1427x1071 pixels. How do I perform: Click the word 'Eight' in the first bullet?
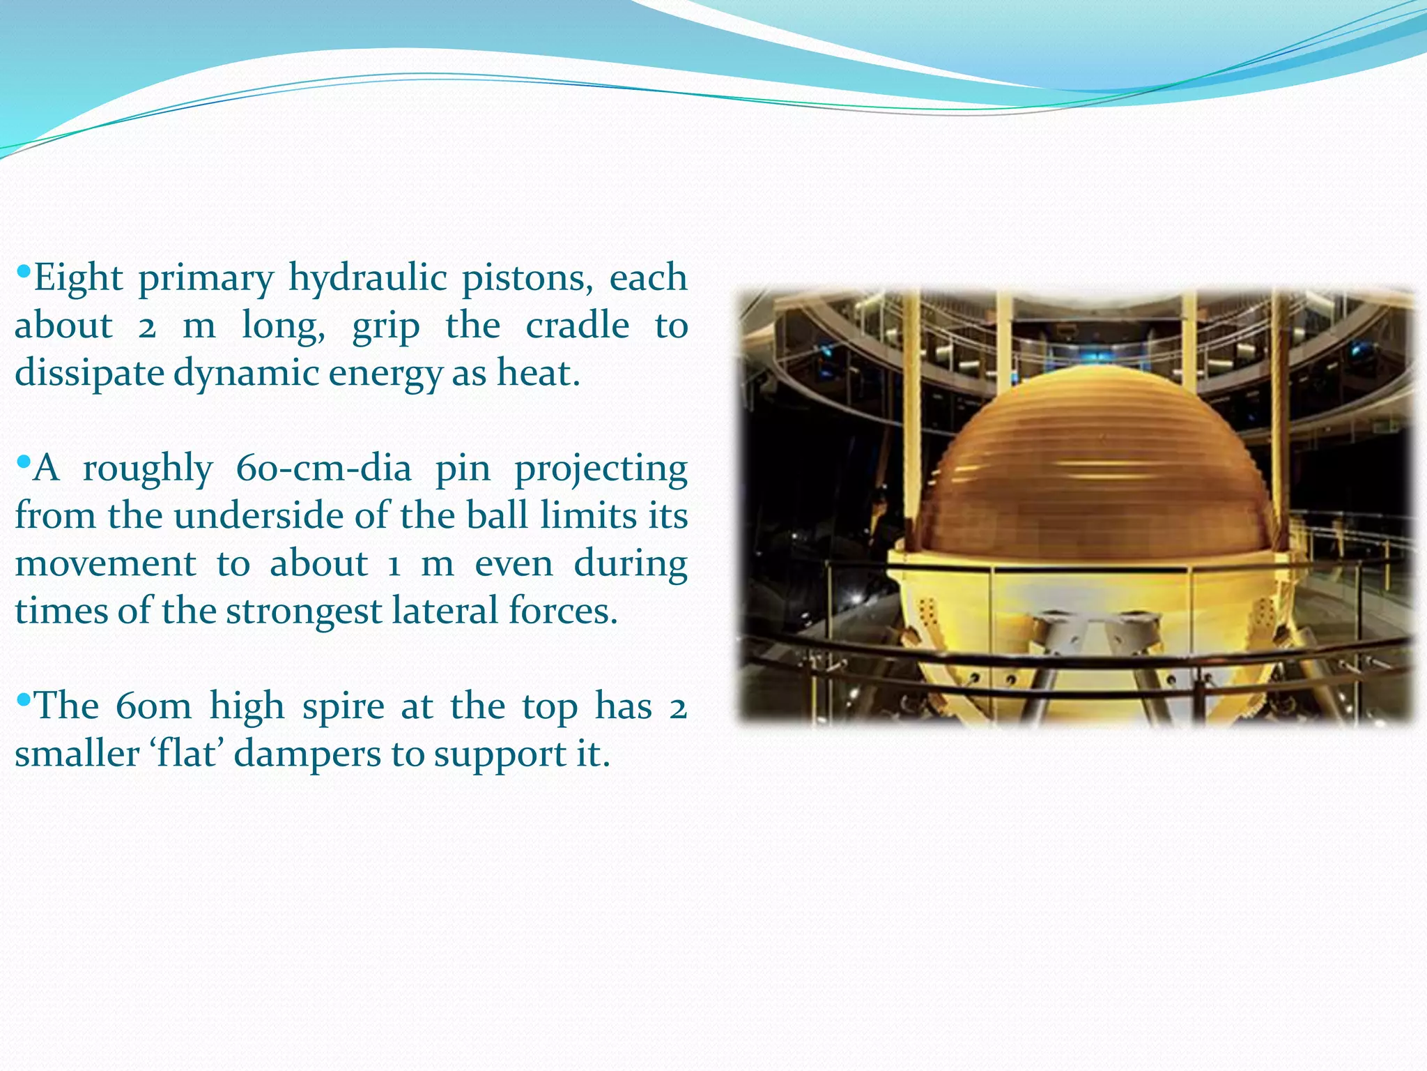tap(78, 278)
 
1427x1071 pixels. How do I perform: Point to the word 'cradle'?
tap(577, 326)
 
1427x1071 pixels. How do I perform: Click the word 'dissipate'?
tap(88, 374)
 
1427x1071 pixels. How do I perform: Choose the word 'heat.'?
tap(538, 372)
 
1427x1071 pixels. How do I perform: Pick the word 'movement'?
tap(105, 563)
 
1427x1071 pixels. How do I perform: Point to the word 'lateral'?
tap(445, 611)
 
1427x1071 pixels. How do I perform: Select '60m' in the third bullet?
tap(153, 706)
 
